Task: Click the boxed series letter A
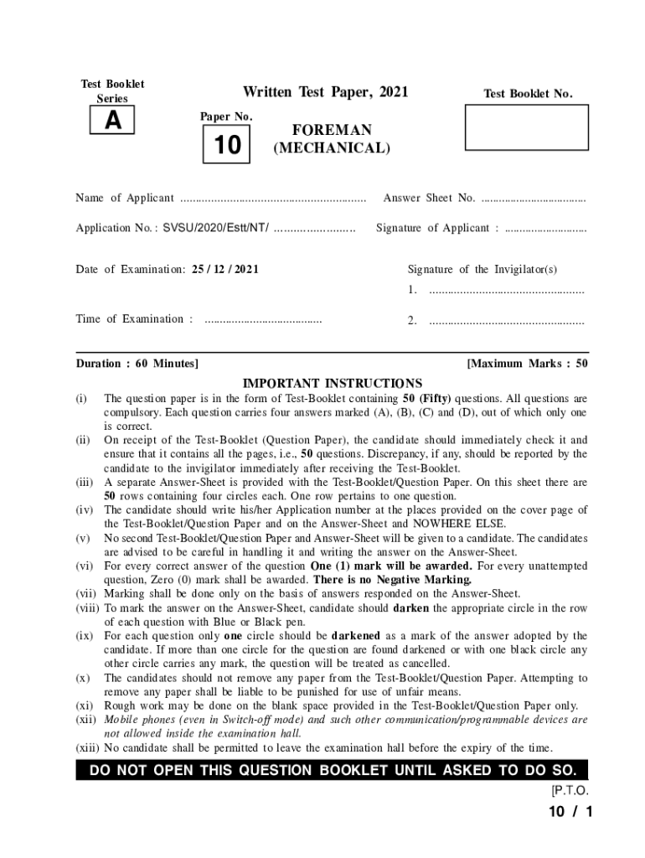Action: [x=113, y=121]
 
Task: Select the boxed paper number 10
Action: [x=227, y=146]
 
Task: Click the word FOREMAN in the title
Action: [x=332, y=131]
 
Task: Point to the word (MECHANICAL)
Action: [x=332, y=149]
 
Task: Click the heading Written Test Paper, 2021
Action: [x=325, y=91]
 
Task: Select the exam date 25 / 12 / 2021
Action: [x=225, y=270]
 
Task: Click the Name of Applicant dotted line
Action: [x=273, y=199]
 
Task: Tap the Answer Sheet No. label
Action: [x=429, y=199]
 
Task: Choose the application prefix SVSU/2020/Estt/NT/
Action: [x=216, y=228]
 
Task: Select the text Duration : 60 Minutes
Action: [x=137, y=364]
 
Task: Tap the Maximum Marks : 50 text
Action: [x=528, y=364]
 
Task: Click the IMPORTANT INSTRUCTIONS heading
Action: [x=332, y=383]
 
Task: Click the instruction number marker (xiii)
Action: [x=87, y=748]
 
